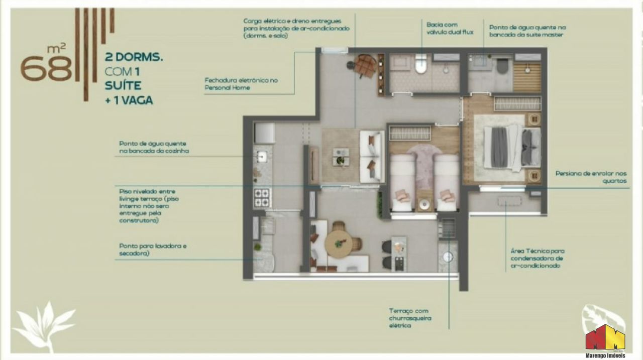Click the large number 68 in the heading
(x=46, y=68)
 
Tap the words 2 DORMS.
(x=134, y=57)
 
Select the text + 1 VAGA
(x=129, y=100)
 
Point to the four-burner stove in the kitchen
(x=262, y=197)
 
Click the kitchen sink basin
(x=262, y=157)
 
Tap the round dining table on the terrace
(x=339, y=244)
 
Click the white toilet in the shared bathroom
(x=421, y=64)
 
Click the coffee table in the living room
(x=341, y=157)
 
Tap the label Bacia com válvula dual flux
(x=450, y=29)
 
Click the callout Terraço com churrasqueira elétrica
(x=410, y=318)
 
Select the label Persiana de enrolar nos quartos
(x=591, y=177)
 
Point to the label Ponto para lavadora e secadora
(x=153, y=250)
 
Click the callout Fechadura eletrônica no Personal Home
(x=241, y=84)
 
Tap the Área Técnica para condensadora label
(x=538, y=258)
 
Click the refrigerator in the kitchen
(x=264, y=133)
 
